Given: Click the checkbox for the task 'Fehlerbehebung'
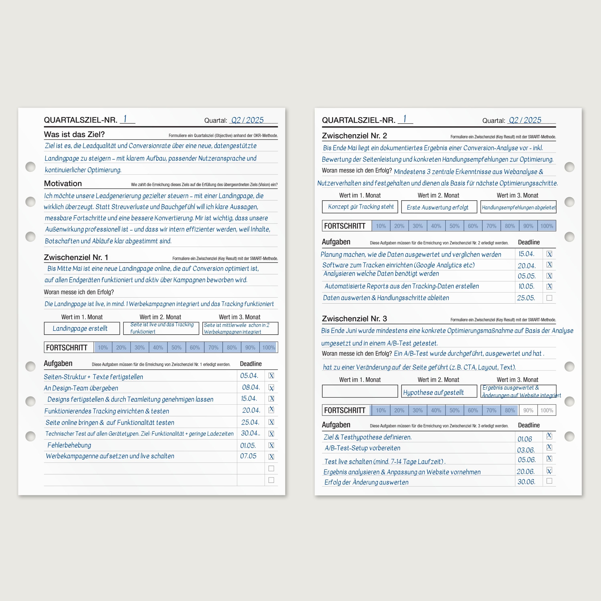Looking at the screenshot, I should pyautogui.click(x=271, y=445).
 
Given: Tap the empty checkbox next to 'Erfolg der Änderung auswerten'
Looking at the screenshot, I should pyautogui.click(x=549, y=481).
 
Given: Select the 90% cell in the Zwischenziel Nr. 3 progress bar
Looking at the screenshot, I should pyautogui.click(x=528, y=410).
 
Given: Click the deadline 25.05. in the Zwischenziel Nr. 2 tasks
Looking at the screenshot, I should pyautogui.click(x=526, y=298).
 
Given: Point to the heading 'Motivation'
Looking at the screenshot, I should pyautogui.click(x=63, y=184).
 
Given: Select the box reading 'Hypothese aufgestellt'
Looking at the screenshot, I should pyautogui.click(x=439, y=391).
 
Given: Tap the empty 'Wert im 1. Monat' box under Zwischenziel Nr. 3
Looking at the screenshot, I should pyautogui.click(x=360, y=391).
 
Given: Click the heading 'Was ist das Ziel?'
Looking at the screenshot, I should pyautogui.click(x=74, y=134).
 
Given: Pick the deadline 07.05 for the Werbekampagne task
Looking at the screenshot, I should pyautogui.click(x=248, y=456).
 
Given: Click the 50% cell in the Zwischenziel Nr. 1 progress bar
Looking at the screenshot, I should pyautogui.click(x=176, y=347).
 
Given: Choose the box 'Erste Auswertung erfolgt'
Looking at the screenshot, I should pyautogui.click(x=439, y=207).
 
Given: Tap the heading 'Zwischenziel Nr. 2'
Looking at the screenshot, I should pyautogui.click(x=354, y=136).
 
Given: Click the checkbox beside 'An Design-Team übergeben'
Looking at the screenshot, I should pyautogui.click(x=271, y=388).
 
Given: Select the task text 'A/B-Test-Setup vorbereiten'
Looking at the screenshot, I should pyautogui.click(x=362, y=448).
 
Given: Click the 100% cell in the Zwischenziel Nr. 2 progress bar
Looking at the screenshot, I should pyautogui.click(x=547, y=226).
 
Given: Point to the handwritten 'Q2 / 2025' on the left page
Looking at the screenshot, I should pyautogui.click(x=247, y=120).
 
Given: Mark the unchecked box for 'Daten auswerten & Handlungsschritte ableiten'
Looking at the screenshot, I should pyautogui.click(x=549, y=298).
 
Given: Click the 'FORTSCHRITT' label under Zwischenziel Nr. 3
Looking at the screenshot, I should pyautogui.click(x=345, y=410).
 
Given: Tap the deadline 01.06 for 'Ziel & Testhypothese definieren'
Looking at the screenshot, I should pyautogui.click(x=525, y=439).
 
